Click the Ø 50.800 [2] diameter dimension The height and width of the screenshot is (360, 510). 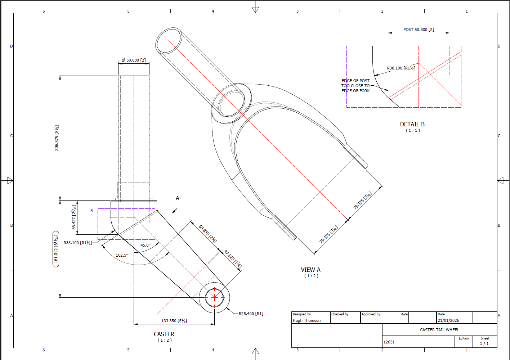point(134,60)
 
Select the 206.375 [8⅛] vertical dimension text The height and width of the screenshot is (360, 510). point(57,138)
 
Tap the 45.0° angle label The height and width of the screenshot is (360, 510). point(146,245)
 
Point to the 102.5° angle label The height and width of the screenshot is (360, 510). point(122,255)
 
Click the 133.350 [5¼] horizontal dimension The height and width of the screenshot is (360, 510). point(174,321)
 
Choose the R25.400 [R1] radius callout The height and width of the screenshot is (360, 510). point(251,314)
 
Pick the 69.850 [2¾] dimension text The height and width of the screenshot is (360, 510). point(208,234)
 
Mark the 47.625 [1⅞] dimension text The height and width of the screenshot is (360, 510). point(233,259)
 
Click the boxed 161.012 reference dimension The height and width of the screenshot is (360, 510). point(56,249)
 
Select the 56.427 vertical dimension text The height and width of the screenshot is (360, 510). point(74,217)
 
